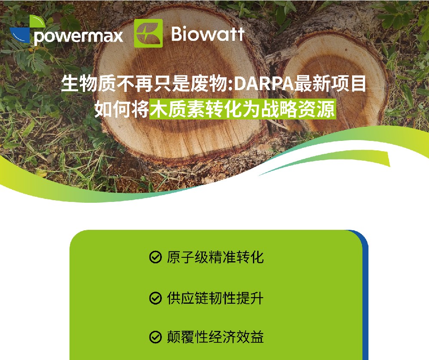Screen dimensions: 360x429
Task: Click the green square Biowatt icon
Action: click(x=148, y=33)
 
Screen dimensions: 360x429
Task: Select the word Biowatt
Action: click(x=208, y=34)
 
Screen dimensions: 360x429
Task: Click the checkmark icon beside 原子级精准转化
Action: click(x=155, y=257)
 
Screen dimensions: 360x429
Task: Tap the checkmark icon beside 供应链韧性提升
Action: click(x=155, y=298)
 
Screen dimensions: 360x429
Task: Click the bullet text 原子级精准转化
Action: click(x=215, y=257)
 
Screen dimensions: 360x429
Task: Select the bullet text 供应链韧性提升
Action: click(x=215, y=298)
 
